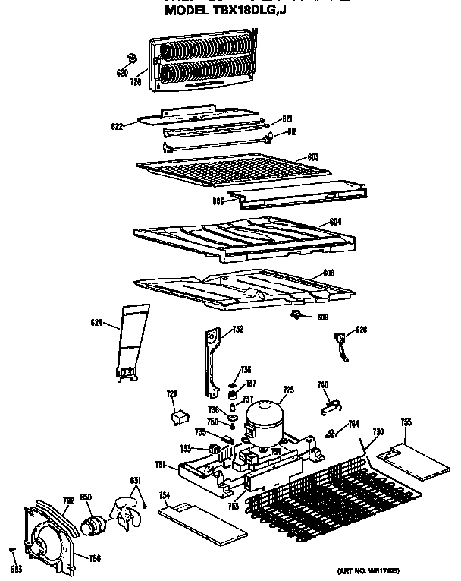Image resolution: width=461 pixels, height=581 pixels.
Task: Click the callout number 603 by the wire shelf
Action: point(312,156)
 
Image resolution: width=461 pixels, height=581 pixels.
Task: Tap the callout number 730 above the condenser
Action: point(377,432)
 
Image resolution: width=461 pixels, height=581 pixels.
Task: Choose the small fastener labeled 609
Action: point(296,314)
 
